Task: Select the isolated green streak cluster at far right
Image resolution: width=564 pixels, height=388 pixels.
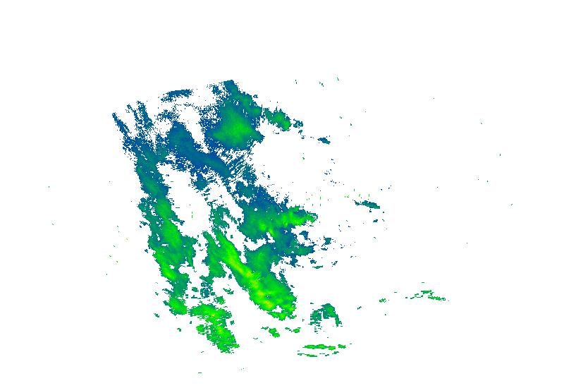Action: click(x=427, y=295)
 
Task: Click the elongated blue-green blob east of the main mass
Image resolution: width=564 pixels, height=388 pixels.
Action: click(x=369, y=205)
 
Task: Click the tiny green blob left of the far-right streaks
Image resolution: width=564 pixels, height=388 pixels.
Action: click(x=383, y=301)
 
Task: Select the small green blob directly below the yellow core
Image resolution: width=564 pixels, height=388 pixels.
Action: click(x=274, y=332)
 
